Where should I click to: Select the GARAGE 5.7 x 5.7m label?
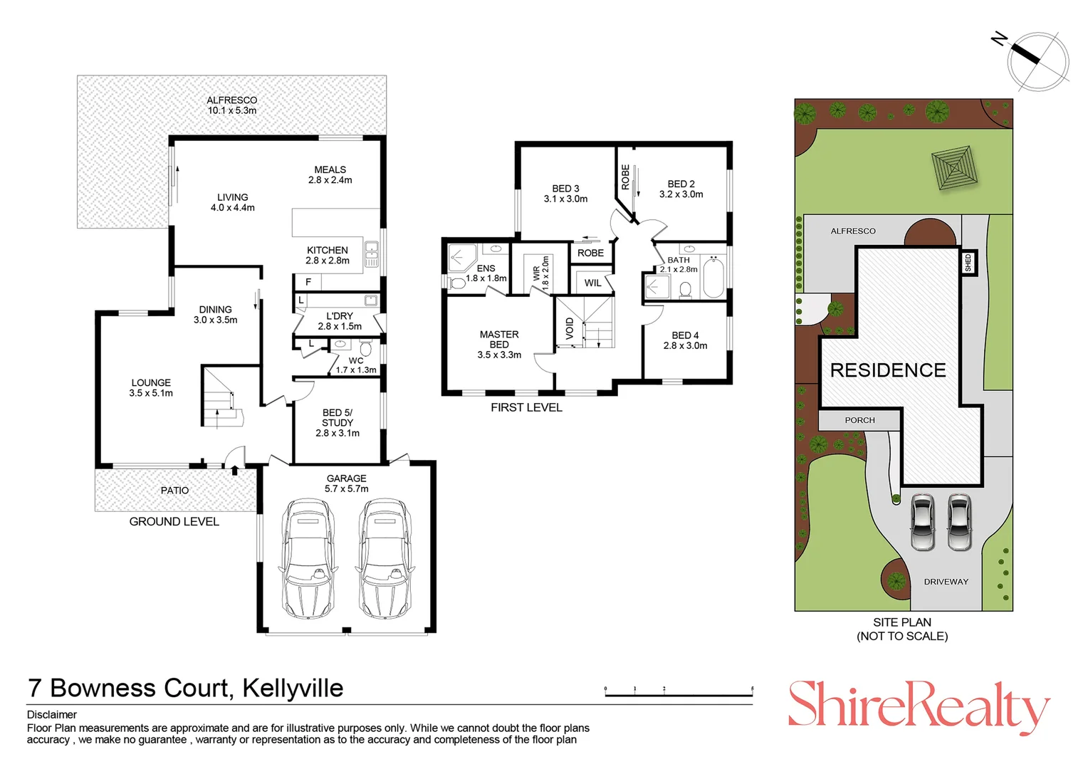[x=346, y=483]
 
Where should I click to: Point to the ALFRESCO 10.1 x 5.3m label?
[x=232, y=105]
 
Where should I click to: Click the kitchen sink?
[x=372, y=253]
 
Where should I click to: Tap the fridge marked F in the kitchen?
[x=308, y=282]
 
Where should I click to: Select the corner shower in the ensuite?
[x=461, y=258]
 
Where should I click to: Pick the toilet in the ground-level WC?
[x=366, y=347]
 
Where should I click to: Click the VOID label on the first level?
[x=570, y=328]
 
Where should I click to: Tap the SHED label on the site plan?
[x=968, y=262]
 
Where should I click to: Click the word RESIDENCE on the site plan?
[x=888, y=370]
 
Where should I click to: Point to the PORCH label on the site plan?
[x=859, y=420]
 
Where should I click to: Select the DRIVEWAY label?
[x=946, y=582]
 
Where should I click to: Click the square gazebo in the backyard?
[x=954, y=167]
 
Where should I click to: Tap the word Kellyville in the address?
[x=293, y=688]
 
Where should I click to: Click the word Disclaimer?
[x=52, y=715]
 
